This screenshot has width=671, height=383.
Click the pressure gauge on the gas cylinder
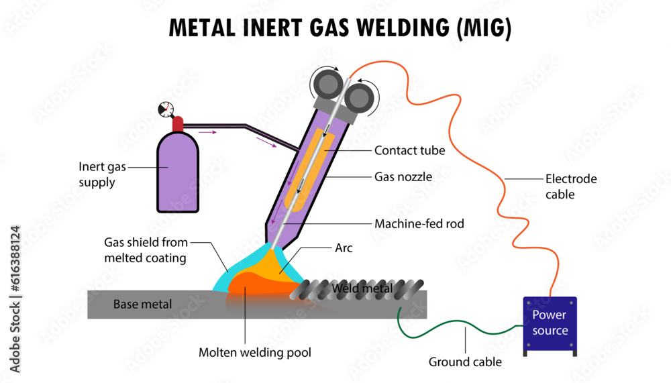pyautogui.click(x=164, y=109)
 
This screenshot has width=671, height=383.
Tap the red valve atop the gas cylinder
pyautogui.click(x=177, y=124)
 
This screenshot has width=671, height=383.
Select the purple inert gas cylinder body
pyautogui.click(x=177, y=173)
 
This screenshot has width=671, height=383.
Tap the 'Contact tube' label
pyautogui.click(x=409, y=150)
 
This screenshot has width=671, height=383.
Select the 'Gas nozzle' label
pyautogui.click(x=403, y=177)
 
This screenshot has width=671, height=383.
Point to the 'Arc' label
pyautogui.click(x=344, y=248)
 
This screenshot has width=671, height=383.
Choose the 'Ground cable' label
pyautogui.click(x=465, y=362)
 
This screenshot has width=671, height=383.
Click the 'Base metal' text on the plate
pyautogui.click(x=142, y=304)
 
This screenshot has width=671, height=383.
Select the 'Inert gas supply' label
pyautogui.click(x=103, y=174)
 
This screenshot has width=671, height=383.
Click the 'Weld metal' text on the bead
pyautogui.click(x=362, y=288)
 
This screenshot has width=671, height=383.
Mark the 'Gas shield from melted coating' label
pyautogui.click(x=146, y=250)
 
